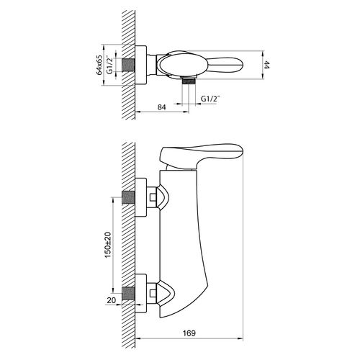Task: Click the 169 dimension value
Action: (x=189, y=333)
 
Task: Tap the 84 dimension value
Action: (x=162, y=107)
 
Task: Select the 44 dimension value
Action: (x=266, y=65)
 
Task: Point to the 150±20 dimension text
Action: (x=108, y=245)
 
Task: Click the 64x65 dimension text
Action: (x=99, y=65)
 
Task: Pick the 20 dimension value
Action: (x=111, y=300)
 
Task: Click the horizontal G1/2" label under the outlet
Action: (x=210, y=99)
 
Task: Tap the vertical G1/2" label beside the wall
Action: (x=109, y=65)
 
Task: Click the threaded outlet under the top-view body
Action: (x=189, y=81)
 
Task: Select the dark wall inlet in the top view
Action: (x=128, y=65)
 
